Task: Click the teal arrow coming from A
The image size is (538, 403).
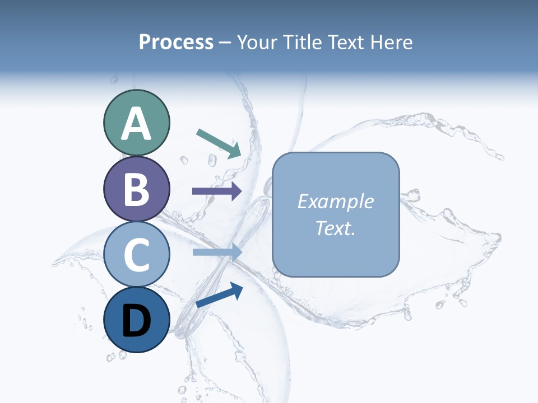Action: pyautogui.click(x=219, y=143)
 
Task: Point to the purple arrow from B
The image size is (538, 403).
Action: pyautogui.click(x=217, y=191)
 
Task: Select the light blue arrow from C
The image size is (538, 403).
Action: pyautogui.click(x=217, y=252)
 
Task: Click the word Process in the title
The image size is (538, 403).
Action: pyautogui.click(x=176, y=43)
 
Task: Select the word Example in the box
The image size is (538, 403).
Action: pyautogui.click(x=336, y=201)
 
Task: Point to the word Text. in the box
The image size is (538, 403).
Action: pyautogui.click(x=336, y=228)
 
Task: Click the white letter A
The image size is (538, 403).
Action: pyautogui.click(x=137, y=124)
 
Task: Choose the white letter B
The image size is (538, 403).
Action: pyautogui.click(x=137, y=190)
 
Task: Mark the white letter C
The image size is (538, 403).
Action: pyautogui.click(x=137, y=255)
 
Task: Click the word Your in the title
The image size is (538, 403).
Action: pyautogui.click(x=257, y=43)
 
